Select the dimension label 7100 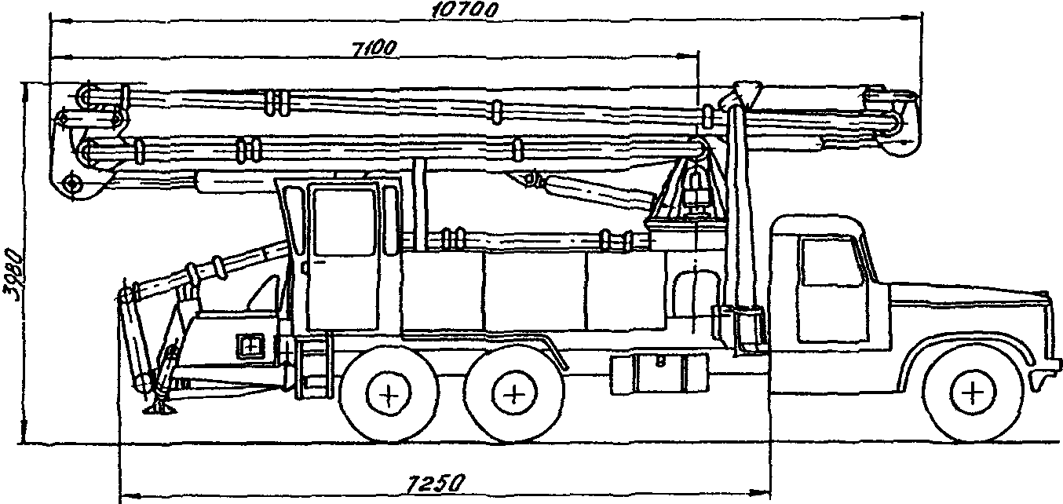tap(374, 49)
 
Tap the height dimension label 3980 tap(13, 274)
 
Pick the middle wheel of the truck tap(514, 393)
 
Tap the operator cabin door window tap(344, 221)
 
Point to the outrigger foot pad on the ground tap(159, 408)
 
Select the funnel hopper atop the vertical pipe tap(747, 92)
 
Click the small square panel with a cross tap(250, 346)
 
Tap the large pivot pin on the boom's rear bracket tap(72, 184)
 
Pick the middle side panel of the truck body tap(535, 290)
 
